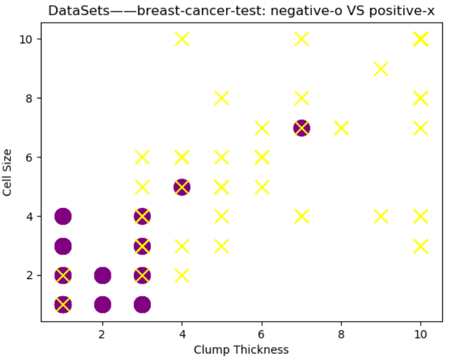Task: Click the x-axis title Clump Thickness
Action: click(x=241, y=350)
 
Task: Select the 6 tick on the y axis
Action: click(x=31, y=157)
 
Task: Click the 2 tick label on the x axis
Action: click(x=102, y=334)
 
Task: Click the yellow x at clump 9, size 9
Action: click(x=381, y=69)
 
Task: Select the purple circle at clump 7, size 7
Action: click(x=301, y=128)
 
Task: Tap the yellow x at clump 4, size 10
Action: click(x=182, y=39)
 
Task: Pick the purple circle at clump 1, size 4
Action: click(x=63, y=216)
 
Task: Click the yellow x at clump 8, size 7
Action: click(x=341, y=128)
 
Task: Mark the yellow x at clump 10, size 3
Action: click(x=421, y=246)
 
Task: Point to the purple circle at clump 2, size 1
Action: click(x=102, y=304)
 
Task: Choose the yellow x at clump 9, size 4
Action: click(x=381, y=216)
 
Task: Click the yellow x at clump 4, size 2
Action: click(x=182, y=275)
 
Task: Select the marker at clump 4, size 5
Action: click(x=182, y=187)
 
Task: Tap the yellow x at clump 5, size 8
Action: click(x=222, y=98)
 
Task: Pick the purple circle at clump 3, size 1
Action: click(x=142, y=304)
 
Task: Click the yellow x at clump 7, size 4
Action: click(x=301, y=216)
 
